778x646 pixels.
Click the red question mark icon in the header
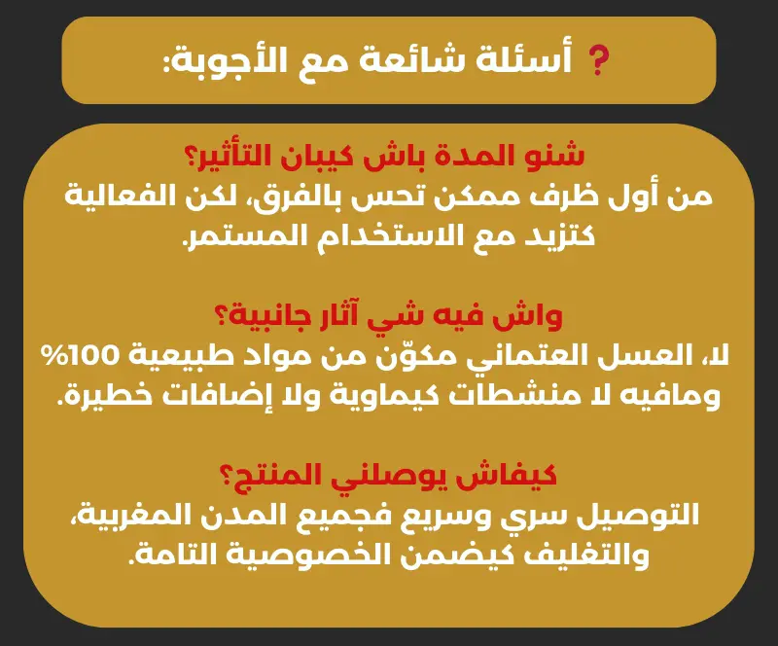point(598,60)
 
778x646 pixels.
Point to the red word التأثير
point(234,156)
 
